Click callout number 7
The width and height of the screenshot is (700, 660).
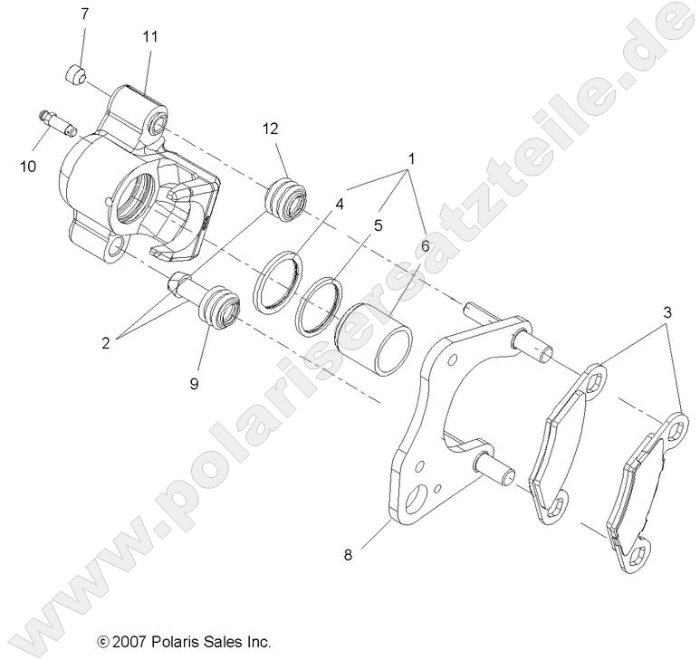point(85,14)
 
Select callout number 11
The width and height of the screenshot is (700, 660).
point(149,37)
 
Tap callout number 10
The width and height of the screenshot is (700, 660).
point(28,166)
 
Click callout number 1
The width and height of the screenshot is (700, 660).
point(412,159)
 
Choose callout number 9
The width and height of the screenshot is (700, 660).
point(194,383)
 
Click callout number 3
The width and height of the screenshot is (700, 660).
point(668,312)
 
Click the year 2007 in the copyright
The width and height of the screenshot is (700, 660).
point(131,642)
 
